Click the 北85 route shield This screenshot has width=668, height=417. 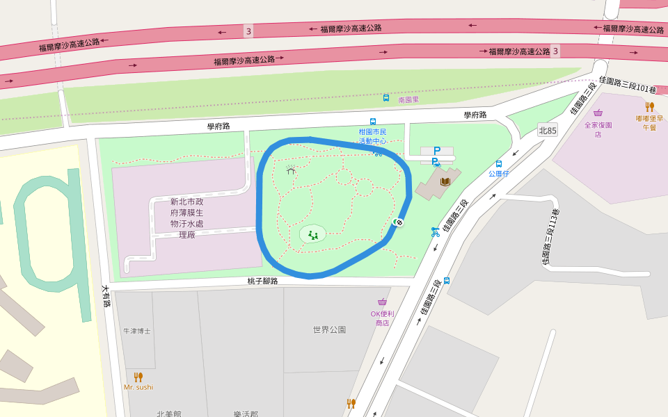[x=548, y=130]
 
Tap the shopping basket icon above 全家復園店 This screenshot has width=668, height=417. [x=598, y=113]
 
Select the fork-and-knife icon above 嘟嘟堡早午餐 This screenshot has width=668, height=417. [x=649, y=106]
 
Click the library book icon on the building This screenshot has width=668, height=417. [x=445, y=181]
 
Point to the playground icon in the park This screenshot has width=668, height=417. [x=313, y=235]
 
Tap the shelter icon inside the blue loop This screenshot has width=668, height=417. [x=290, y=169]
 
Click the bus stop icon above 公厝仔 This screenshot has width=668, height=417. [x=499, y=164]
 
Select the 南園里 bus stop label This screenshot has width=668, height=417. [x=408, y=99]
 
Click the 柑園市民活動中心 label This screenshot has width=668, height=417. [x=372, y=136]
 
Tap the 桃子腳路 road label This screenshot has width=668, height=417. [x=262, y=281]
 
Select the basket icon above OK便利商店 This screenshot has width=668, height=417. [x=382, y=302]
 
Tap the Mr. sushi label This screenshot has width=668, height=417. [x=138, y=387]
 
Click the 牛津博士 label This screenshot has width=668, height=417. [x=136, y=331]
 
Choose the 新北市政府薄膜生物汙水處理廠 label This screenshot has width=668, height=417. [x=187, y=218]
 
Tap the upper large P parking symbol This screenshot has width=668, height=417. [x=437, y=150]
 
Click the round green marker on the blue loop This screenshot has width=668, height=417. [x=399, y=222]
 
